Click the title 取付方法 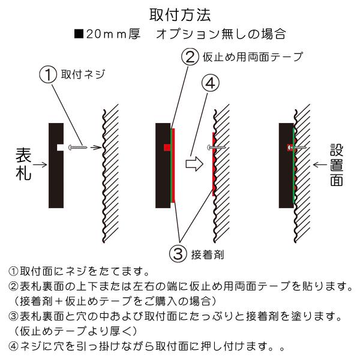point(180,15)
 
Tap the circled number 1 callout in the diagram point(48,74)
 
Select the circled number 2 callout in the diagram point(190,57)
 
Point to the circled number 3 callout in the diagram point(178,253)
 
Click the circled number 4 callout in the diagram point(210,83)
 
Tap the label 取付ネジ point(83,74)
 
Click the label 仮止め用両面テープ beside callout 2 point(253,57)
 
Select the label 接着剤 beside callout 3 point(208,254)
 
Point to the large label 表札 point(23,164)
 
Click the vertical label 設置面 point(337,165)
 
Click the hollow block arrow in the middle point(194,164)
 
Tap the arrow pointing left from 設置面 point(320,164)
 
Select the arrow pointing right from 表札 point(40,164)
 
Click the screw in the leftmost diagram point(78,147)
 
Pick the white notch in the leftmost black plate point(60,148)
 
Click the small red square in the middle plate point(167,148)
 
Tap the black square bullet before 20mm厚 point(79,34)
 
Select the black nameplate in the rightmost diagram point(286,166)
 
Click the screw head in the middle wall point(209,147)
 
